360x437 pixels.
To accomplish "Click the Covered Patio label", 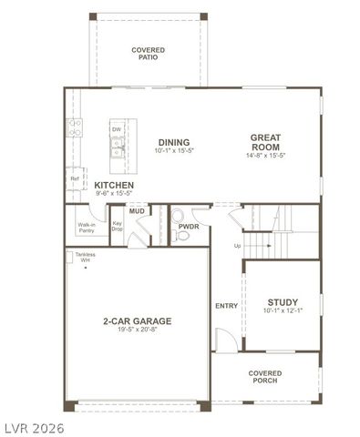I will point(148,53).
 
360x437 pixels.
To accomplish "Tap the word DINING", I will point(173,142).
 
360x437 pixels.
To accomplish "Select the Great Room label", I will point(266,143).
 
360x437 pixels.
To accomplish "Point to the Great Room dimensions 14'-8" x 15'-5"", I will point(266,156).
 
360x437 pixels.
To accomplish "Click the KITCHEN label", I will point(114,185).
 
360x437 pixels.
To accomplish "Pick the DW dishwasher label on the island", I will point(117,130).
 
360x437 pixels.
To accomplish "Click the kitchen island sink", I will point(118,148).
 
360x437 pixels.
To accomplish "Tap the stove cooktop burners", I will point(74,127).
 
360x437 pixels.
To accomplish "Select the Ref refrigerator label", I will point(75,179).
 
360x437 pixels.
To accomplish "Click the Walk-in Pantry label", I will point(87,228).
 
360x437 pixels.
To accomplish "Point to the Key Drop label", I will point(117,228).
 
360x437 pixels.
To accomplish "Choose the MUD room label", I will point(137,211).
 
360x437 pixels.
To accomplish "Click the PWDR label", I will point(189,227).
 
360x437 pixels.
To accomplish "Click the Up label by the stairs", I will point(238,246).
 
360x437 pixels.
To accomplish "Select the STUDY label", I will point(283,302).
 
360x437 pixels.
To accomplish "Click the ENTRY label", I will point(226,306).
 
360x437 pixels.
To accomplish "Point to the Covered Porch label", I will point(265,376).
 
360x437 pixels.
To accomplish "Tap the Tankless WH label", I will point(85,258).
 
